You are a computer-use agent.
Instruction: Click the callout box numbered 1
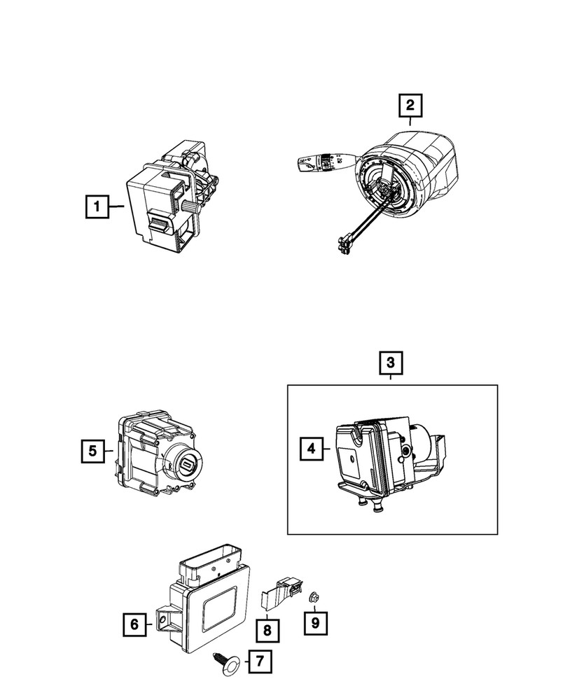tap(97, 206)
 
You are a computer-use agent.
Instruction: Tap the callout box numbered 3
tap(391, 363)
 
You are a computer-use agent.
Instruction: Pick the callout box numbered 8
tap(267, 631)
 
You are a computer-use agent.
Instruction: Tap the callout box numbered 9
tap(317, 621)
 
